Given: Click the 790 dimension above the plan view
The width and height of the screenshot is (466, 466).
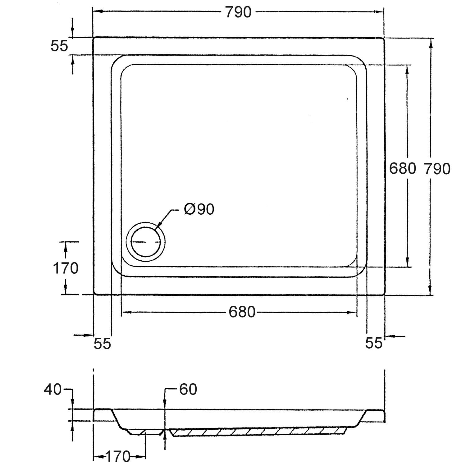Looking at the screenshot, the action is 238,12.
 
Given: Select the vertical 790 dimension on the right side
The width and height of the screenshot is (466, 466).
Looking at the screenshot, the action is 437,169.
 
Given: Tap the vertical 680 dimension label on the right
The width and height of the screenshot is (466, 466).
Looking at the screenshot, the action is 402,169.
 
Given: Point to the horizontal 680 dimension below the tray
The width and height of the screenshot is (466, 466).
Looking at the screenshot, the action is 242,312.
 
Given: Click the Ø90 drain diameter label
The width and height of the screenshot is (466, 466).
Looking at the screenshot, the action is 199,209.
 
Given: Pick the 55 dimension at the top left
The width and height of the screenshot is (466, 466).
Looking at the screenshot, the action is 59,46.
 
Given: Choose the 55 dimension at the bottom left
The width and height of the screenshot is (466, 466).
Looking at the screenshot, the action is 102,344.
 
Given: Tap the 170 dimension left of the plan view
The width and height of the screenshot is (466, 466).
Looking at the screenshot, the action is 65,268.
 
